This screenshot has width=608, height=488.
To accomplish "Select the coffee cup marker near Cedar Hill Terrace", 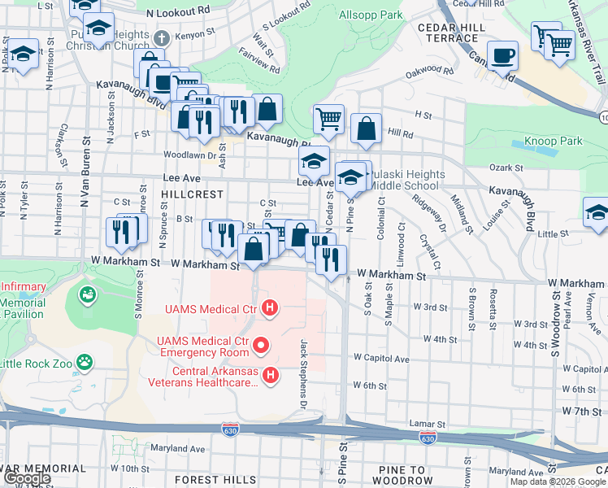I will pyautogui.click(x=503, y=55).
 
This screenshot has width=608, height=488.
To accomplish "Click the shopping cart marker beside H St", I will pyautogui.click(x=328, y=119).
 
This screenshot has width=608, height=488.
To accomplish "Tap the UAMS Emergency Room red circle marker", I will pyautogui.click(x=261, y=346).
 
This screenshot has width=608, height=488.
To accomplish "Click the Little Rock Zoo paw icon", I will pyautogui.click(x=84, y=360).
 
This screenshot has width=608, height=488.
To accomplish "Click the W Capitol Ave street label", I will pyautogui.click(x=380, y=358).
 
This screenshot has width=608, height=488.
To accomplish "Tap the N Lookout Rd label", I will pyautogui.click(x=178, y=12).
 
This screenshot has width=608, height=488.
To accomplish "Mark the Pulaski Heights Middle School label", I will pyautogui.click(x=408, y=181).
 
